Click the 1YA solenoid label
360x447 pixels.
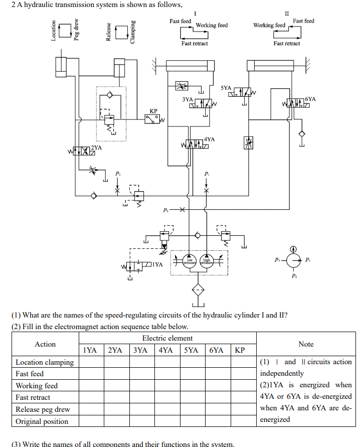pos(158,264)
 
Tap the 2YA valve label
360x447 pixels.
pos(96,148)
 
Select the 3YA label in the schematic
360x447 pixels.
pos(188,99)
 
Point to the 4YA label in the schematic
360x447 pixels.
pos(210,139)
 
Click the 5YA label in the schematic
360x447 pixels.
pos(226,88)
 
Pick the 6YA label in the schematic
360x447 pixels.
pos(310,99)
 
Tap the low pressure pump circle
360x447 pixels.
pos(190,261)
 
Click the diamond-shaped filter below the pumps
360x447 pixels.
pos(199,289)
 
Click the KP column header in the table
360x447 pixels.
pos(240,350)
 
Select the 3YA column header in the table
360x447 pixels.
pos(142,350)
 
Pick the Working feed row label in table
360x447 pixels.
pos(37,386)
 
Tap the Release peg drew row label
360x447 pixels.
pos(43,409)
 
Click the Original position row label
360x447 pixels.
pos(42,421)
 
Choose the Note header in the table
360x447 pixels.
pos(306,344)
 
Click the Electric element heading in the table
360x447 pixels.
pos(167,338)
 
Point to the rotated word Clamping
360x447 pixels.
pos(133,32)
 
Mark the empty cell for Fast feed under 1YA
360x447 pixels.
pos(90,374)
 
